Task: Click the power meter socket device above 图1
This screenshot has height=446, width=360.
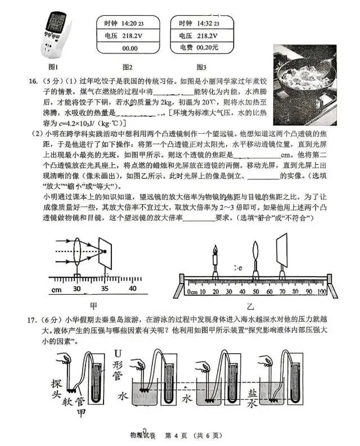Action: pyautogui.click(x=57, y=33)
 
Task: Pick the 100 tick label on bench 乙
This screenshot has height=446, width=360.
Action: pyautogui.click(x=321, y=292)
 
